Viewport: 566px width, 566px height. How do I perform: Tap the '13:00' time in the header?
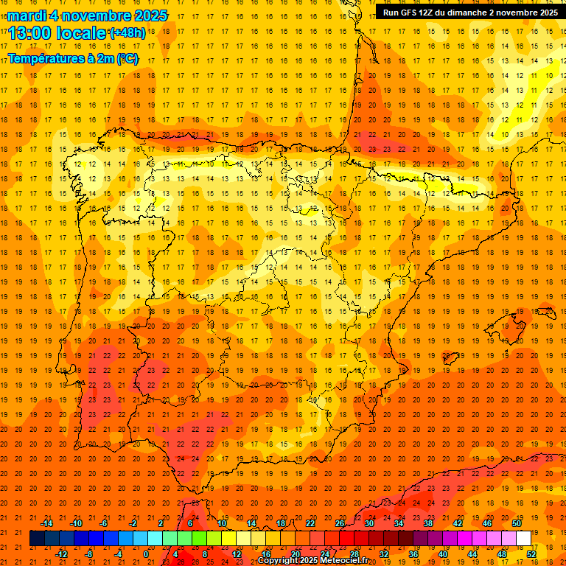tap(30, 33)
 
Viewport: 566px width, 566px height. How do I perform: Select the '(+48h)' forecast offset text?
tap(127, 33)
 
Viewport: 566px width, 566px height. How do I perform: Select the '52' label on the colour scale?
tap(531, 554)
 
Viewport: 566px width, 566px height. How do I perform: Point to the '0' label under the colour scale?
tap(146, 554)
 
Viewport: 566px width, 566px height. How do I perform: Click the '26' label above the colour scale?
tap(340, 523)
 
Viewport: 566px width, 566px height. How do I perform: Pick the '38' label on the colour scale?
tap(428, 523)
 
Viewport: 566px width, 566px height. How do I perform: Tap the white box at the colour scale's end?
tap(523, 539)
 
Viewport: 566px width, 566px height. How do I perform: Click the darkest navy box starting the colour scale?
tap(37, 539)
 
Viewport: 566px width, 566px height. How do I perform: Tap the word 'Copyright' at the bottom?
tap(278, 561)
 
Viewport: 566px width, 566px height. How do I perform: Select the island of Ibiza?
tap(451, 359)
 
